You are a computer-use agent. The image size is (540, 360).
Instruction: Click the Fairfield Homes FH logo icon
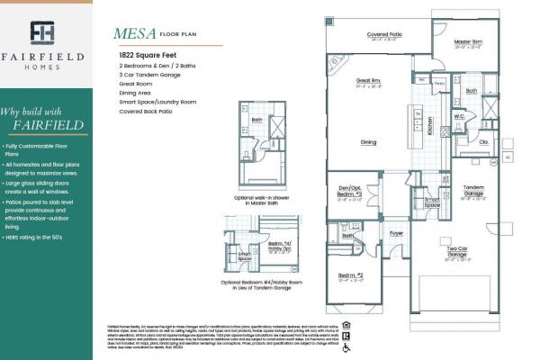coord(42,33)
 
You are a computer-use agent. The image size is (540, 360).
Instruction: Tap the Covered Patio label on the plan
coord(384,35)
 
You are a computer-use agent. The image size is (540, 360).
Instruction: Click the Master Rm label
coord(468,42)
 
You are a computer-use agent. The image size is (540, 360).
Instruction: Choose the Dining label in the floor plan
coord(369,141)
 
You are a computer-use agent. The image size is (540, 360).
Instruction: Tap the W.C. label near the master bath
coord(458,115)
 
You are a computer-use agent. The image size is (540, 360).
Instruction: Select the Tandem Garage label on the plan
coord(473,191)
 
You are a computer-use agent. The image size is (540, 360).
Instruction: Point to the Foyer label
coord(396,232)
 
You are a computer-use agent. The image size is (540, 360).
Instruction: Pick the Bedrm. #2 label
coord(350,274)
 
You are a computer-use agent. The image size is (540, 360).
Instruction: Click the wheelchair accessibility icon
coord(347,345)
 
